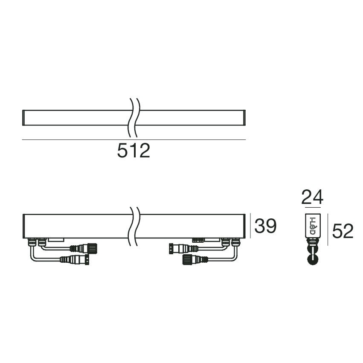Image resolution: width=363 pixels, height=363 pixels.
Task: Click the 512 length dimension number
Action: click(x=134, y=151)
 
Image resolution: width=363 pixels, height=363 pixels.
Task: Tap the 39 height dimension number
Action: click(x=265, y=226)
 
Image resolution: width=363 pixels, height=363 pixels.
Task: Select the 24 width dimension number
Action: click(x=312, y=197)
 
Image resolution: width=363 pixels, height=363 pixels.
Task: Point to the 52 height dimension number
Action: click(x=343, y=231)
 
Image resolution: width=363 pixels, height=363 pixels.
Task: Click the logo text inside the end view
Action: click(x=313, y=226)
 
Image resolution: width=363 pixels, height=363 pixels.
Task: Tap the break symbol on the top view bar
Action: click(x=134, y=118)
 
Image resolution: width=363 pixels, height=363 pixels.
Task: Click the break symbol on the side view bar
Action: click(x=134, y=227)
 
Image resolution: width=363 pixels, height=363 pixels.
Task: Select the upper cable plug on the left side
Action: click(x=83, y=248)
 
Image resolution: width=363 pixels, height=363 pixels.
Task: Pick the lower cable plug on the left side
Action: click(x=75, y=259)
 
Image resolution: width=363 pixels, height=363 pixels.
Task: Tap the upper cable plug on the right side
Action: click(x=183, y=248)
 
